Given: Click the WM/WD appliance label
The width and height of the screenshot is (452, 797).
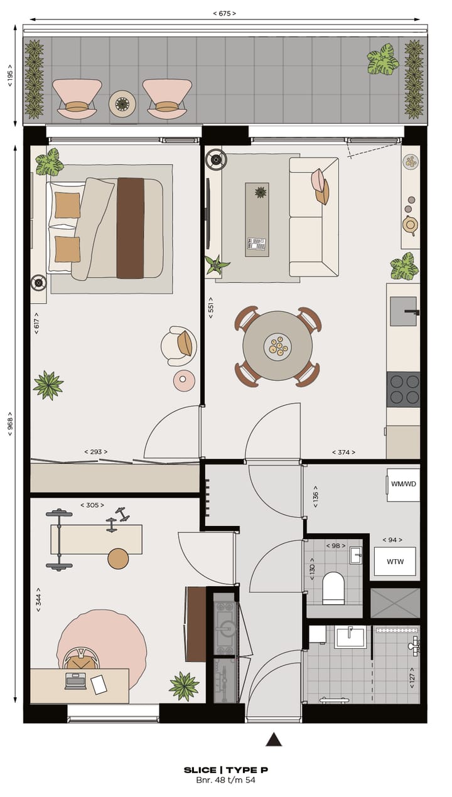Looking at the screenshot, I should [403, 484].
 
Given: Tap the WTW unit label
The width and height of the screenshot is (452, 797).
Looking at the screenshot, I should [395, 561].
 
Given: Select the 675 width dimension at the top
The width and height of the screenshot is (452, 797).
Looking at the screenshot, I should [225, 13].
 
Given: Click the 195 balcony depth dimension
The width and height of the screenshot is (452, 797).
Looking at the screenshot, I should [10, 75].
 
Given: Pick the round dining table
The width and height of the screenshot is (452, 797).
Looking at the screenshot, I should [277, 345].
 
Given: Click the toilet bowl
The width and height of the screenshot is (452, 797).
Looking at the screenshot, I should [333, 587].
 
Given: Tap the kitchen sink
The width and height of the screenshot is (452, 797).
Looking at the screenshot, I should [403, 311].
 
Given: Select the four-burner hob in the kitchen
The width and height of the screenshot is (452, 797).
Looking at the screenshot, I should [403, 389].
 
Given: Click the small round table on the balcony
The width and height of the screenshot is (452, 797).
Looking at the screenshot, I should [122, 104].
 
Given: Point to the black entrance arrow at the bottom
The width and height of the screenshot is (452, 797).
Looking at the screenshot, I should [274, 739].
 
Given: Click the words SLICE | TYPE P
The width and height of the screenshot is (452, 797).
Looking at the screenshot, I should [226, 770].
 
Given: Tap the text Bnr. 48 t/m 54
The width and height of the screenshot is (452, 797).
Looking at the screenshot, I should [226, 780].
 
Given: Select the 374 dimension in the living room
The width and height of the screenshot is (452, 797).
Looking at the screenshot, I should [343, 452].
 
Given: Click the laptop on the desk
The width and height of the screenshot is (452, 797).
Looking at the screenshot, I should [75, 680].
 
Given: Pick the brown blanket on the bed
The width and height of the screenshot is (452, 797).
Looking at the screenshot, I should [131, 228].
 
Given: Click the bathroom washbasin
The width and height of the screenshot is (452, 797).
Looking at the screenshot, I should [350, 636].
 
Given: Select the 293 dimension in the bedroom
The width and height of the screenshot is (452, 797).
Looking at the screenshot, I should [96, 452].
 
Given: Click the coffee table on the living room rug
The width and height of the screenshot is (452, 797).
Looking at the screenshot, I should [257, 220].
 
